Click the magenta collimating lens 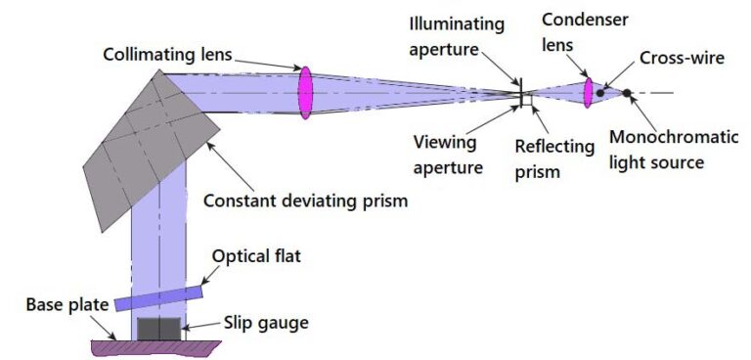pyautogui.click(x=306, y=93)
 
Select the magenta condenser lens pyautogui.click(x=589, y=93)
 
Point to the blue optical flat pyautogui.click(x=158, y=295)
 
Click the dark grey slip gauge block pyautogui.click(x=158, y=328)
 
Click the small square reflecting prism pyautogui.click(x=527, y=99)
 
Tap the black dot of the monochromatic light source pyautogui.click(x=627, y=94)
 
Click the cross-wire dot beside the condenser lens pyautogui.click(x=600, y=92)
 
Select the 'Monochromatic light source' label pyautogui.click(x=673, y=149)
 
